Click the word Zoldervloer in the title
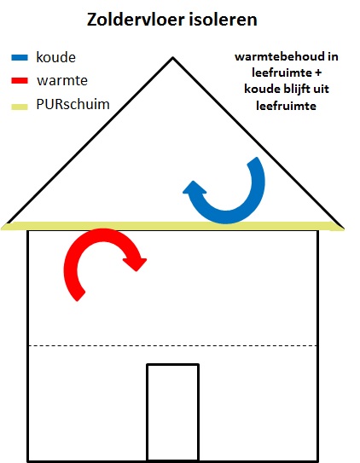pyautogui.click(x=136, y=20)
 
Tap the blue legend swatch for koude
pyautogui.click(x=20, y=57)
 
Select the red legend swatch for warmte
pyautogui.click(x=20, y=80)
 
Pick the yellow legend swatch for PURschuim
pyautogui.click(x=20, y=107)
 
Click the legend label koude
pyautogui.click(x=55, y=57)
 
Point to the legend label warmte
pyautogui.click(x=62, y=80)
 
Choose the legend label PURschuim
pyautogui.click(x=73, y=104)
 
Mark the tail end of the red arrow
pyautogui.click(x=78, y=297)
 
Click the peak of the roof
pyautogui.click(x=173, y=58)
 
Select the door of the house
pyautogui.click(x=173, y=413)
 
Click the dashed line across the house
pyautogui.click(x=173, y=345)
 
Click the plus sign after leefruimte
pyautogui.click(x=317, y=72)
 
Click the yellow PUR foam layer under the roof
pyautogui.click(x=173, y=226)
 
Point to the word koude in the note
pyautogui.click(x=260, y=89)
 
